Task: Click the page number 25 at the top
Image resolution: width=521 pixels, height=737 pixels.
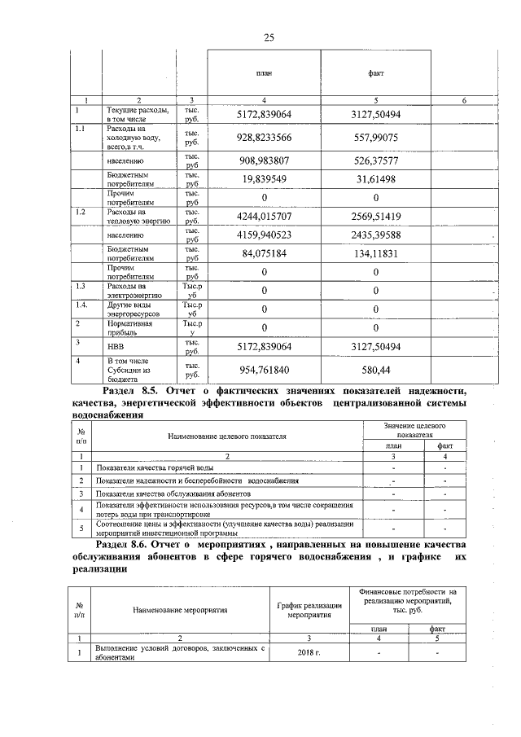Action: click(x=268, y=37)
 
